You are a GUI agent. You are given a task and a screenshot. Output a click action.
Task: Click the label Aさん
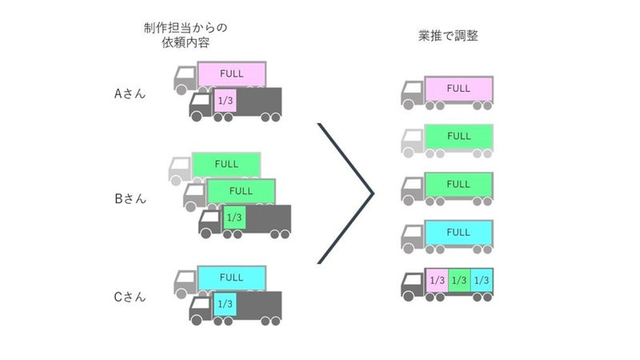point(130,94)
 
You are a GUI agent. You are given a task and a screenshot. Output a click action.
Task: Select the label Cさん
point(130,297)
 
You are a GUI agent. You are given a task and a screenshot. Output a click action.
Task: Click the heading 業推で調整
point(448,36)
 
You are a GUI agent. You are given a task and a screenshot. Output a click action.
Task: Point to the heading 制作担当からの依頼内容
point(185,36)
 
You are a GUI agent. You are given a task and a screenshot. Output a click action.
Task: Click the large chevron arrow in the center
point(347,193)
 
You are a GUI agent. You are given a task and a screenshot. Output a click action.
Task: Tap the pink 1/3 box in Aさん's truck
point(226,101)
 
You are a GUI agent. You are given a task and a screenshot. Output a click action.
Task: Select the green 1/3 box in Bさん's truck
point(234,217)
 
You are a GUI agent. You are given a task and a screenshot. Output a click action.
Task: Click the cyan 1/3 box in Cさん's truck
point(225,304)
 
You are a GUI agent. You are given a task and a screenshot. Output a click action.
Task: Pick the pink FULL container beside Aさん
point(232,74)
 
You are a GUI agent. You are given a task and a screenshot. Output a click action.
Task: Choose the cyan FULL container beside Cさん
point(231,278)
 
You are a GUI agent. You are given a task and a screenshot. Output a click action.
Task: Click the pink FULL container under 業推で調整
point(459,88)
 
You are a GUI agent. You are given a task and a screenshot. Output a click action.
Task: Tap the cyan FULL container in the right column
point(459,232)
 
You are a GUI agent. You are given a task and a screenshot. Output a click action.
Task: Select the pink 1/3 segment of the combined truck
point(436,280)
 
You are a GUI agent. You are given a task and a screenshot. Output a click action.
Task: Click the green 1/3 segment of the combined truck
point(459,280)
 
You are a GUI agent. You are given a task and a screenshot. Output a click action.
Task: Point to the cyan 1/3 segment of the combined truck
point(481,280)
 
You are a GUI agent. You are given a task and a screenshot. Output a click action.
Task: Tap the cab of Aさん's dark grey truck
point(200,103)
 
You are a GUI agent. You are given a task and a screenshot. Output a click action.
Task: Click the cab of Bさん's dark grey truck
point(210,220)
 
